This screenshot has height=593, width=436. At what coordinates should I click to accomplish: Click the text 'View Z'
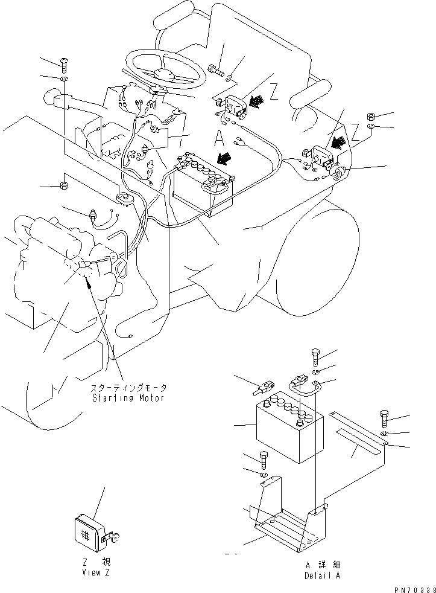[96, 572]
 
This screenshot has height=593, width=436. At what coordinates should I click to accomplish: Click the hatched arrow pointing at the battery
[225, 158]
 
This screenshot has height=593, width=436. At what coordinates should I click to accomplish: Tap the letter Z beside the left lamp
[274, 92]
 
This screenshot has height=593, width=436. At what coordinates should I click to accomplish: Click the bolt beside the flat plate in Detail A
[384, 417]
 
